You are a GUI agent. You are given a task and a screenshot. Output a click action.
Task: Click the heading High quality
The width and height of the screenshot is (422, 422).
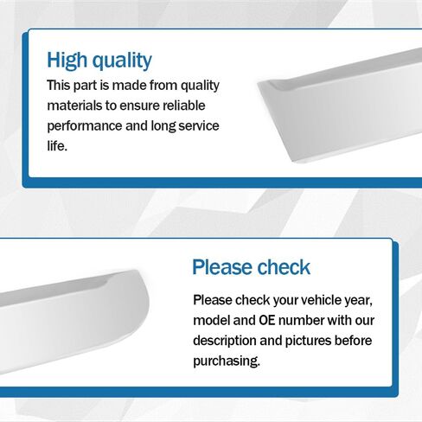[99, 61]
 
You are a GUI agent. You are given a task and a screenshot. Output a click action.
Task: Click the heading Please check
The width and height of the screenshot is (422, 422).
[251, 267]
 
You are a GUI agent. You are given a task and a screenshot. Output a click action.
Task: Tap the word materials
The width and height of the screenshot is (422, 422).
[74, 105]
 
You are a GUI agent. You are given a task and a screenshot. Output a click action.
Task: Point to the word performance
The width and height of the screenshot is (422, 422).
[85, 126]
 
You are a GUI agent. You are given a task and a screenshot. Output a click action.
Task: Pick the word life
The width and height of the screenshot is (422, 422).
[57, 146]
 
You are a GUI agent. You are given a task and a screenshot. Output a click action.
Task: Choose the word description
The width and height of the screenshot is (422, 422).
[225, 341]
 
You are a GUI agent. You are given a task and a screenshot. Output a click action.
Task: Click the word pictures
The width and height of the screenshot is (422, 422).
[308, 341]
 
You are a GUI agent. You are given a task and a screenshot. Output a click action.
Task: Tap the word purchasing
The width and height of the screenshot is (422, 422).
[227, 361]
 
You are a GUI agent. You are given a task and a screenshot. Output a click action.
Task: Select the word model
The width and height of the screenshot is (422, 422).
[211, 320]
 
